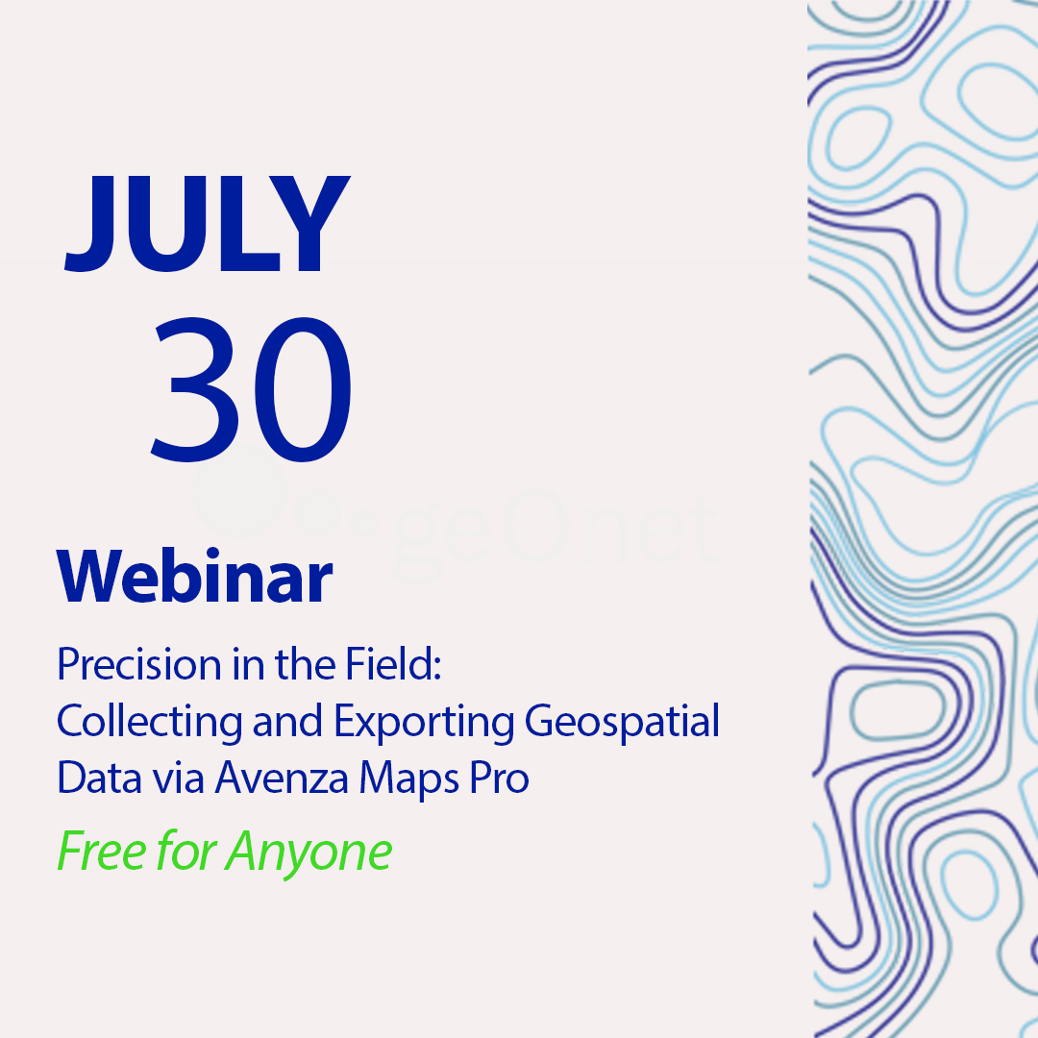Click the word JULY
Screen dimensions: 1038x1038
(207, 224)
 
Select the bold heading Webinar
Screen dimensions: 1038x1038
(194, 576)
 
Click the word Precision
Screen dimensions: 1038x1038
(139, 665)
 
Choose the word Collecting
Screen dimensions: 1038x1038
(150, 722)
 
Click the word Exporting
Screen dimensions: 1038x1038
(424, 722)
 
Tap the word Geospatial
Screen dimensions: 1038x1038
(622, 722)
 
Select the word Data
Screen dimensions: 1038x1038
(99, 778)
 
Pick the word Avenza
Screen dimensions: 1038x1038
(282, 778)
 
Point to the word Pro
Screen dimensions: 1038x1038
(500, 778)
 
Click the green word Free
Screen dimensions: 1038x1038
(101, 851)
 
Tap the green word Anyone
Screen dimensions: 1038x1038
(309, 853)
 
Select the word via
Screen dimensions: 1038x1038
(178, 778)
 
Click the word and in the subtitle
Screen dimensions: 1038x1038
(288, 721)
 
